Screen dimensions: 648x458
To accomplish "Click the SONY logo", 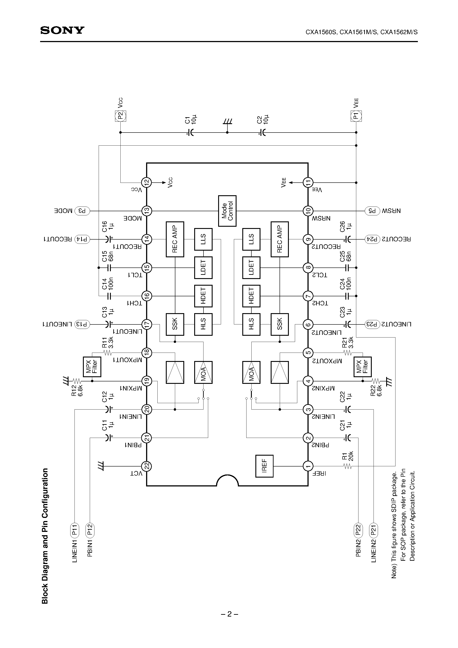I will coord(62,30).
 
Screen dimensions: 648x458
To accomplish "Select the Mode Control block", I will coord(227,211).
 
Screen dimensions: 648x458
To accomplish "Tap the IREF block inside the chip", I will coord(264,466).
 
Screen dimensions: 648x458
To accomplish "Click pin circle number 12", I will coord(147,183).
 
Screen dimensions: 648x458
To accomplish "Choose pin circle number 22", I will coord(147,466).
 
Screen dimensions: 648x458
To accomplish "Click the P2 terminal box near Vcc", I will coord(120,116).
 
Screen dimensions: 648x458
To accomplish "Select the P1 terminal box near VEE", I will coord(356,116).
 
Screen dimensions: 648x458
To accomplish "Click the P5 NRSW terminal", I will coord(372,211).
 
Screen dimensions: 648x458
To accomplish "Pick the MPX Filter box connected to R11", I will coord(92,367).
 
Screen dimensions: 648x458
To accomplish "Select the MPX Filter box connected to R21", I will coord(362,367).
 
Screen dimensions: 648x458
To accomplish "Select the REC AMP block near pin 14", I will coord(175,239).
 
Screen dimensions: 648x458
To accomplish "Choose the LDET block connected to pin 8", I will coord(251,267).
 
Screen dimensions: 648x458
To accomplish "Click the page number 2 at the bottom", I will coord(229,614).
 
